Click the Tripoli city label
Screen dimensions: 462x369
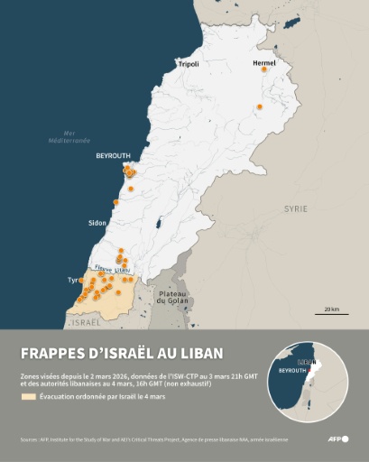188,64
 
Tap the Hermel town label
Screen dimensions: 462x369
264,63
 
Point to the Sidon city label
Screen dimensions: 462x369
97,222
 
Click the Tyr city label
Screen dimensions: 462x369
73,281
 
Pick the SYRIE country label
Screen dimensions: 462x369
295,208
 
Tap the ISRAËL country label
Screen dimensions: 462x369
86,322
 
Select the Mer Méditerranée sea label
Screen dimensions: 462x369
69,138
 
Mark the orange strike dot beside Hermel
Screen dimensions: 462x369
265,75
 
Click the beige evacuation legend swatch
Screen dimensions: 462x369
28,396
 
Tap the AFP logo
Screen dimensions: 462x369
338,439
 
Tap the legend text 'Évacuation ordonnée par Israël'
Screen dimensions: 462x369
94,396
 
